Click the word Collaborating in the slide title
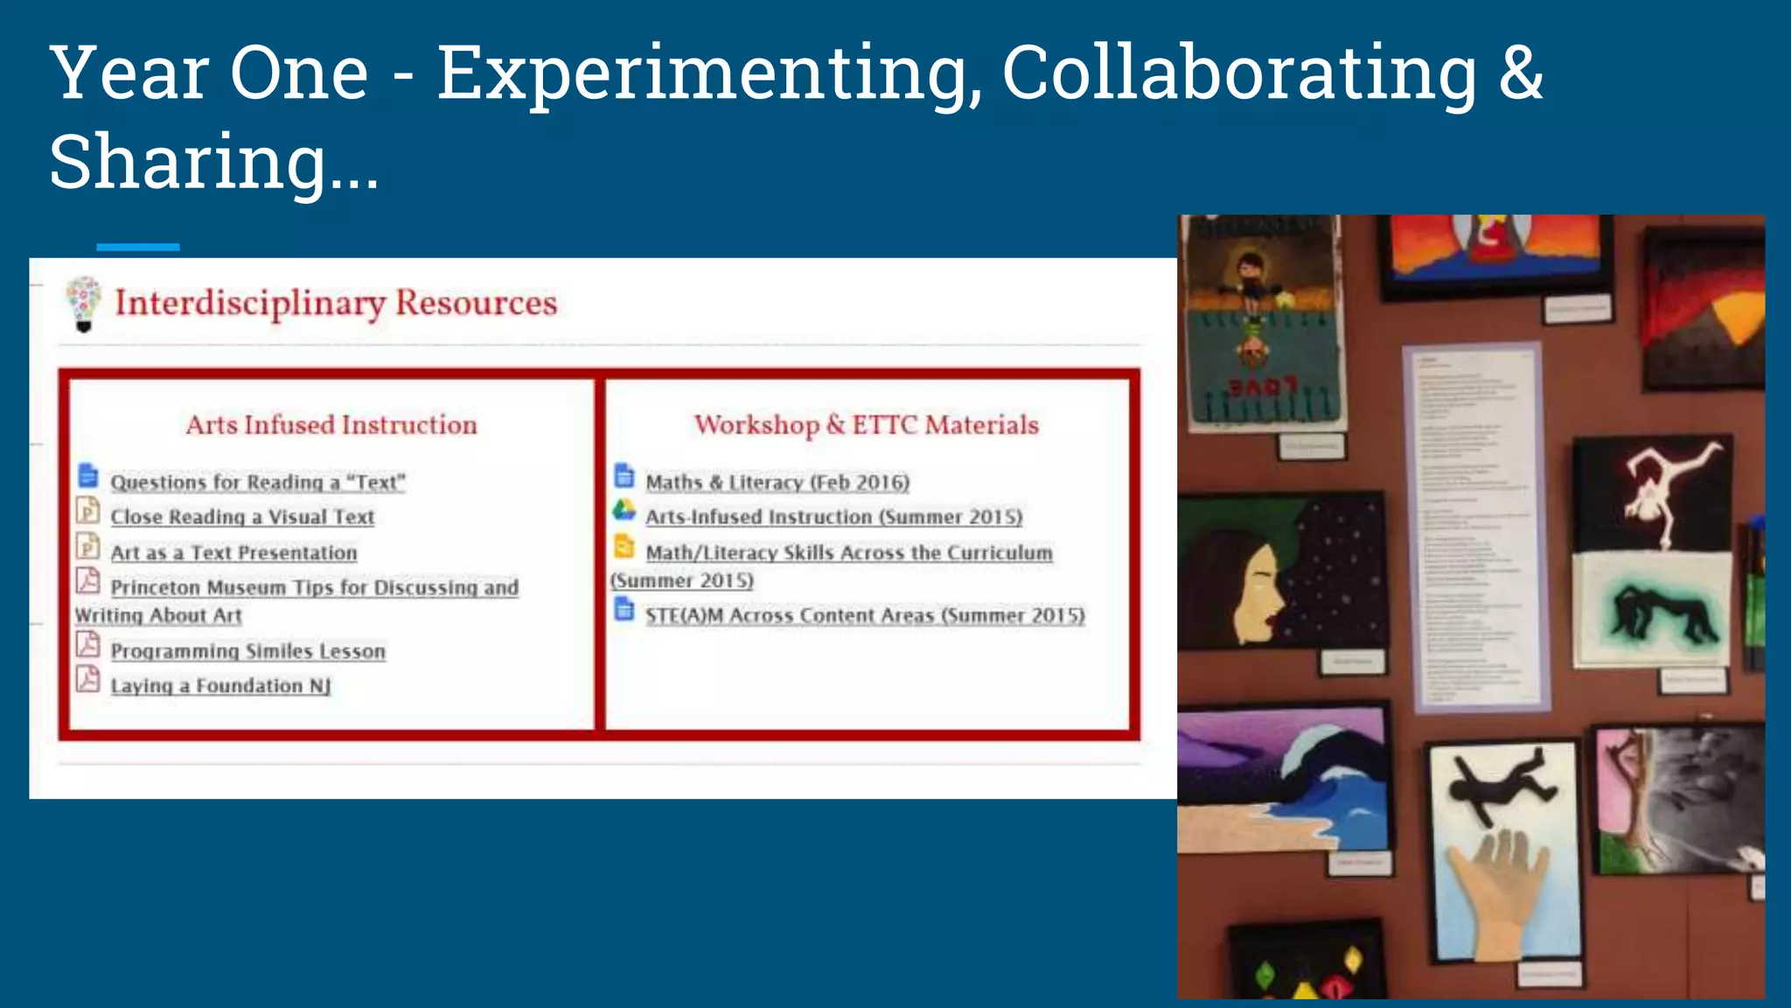[1238, 73]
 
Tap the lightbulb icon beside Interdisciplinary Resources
[84, 304]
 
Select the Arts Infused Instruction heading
[331, 425]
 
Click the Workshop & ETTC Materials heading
[866, 425]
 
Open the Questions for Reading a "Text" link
[257, 482]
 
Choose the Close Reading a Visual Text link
[242, 517]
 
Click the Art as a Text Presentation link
[233, 553]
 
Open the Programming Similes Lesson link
[247, 651]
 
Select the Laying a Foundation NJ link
[220, 686]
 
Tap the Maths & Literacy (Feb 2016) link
[777, 482]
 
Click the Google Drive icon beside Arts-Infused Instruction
[624, 510]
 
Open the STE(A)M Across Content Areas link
[864, 615]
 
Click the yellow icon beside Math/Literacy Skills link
[624, 547]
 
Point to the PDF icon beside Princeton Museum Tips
[87, 580]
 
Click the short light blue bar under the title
[137, 247]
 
